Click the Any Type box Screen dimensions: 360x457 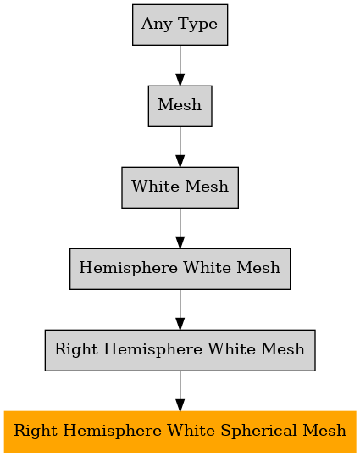point(180,25)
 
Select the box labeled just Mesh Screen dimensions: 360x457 point(180,106)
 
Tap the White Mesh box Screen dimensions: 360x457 point(180,187)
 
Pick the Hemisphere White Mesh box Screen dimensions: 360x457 point(180,269)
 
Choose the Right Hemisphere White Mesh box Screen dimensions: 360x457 point(180,350)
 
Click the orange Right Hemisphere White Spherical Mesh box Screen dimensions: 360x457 point(180,432)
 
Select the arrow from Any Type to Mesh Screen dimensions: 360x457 point(180,65)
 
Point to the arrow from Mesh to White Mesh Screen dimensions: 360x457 point(180,147)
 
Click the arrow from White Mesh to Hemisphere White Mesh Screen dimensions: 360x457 point(180,228)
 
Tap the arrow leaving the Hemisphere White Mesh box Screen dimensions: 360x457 point(180,309)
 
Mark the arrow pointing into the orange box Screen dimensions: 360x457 point(180,391)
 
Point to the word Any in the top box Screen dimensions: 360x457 point(157,25)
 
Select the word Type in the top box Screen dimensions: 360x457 point(197,25)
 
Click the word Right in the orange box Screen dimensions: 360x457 point(35,432)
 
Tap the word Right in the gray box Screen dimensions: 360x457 point(76,349)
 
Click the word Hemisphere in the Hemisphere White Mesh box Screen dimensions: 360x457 point(129,268)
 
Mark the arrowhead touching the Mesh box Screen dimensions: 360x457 point(180,80)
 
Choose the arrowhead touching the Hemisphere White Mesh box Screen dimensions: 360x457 point(180,242)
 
